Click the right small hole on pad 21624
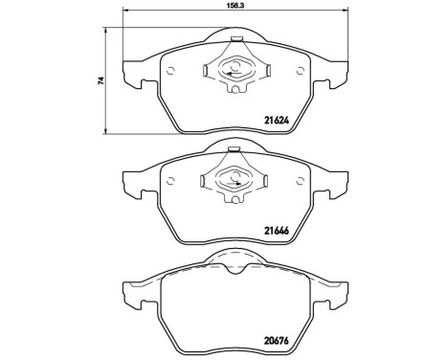pyautogui.click(x=300, y=71)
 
